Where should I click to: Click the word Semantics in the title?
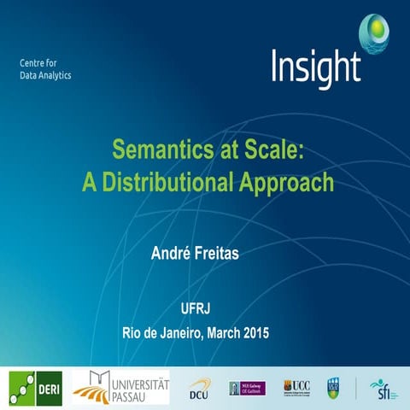155,150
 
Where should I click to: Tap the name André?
172,253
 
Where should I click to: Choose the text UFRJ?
204,308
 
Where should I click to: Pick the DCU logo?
200,388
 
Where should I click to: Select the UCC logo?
296,387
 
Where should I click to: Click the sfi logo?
379,388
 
